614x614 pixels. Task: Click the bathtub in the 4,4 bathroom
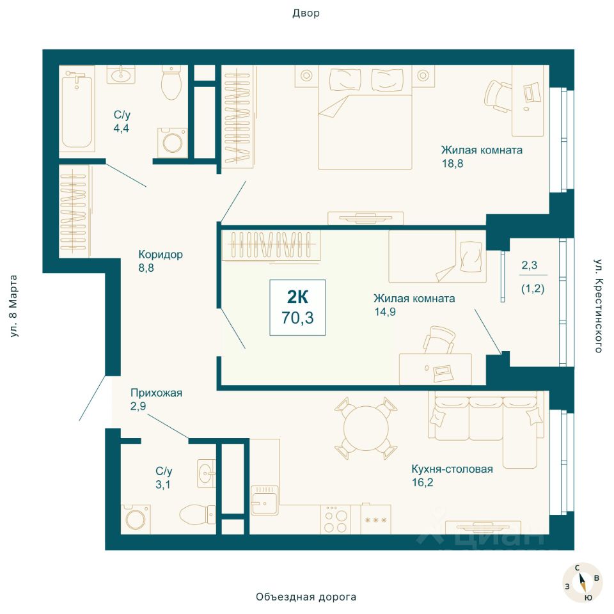77,109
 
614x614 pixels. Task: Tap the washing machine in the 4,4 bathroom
172,142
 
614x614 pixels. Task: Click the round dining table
366,429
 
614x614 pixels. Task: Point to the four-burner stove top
336,519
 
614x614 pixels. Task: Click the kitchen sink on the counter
265,500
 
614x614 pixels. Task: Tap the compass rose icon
582,582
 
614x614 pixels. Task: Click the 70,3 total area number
297,318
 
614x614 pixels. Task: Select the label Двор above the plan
306,13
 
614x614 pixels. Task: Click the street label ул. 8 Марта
13,306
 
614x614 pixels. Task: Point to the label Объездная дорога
306,597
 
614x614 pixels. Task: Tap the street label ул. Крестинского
598,306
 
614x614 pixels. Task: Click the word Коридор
161,255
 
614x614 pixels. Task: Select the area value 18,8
453,164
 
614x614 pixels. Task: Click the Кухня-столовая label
452,469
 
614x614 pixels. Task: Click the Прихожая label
156,393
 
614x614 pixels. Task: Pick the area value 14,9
384,312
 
